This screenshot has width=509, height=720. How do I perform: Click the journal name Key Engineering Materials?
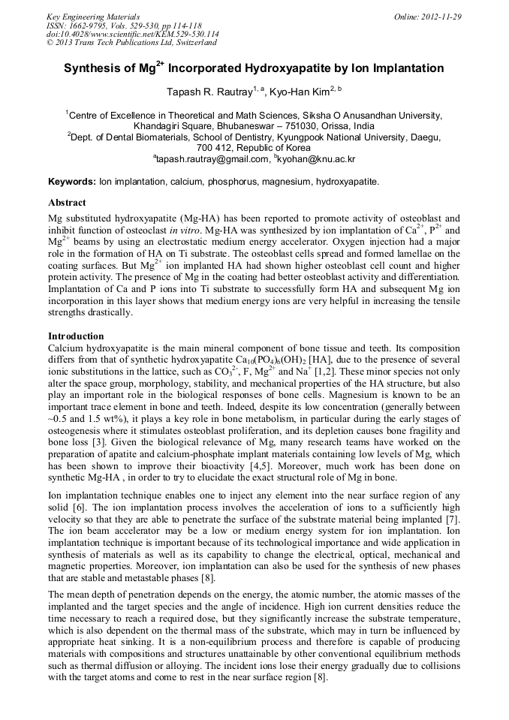tap(93, 17)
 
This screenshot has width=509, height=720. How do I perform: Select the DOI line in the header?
tap(133, 34)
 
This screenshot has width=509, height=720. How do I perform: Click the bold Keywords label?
tap(72, 182)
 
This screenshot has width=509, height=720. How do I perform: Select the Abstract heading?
tap(67, 203)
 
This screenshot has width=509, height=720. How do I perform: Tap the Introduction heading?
tap(76, 336)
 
